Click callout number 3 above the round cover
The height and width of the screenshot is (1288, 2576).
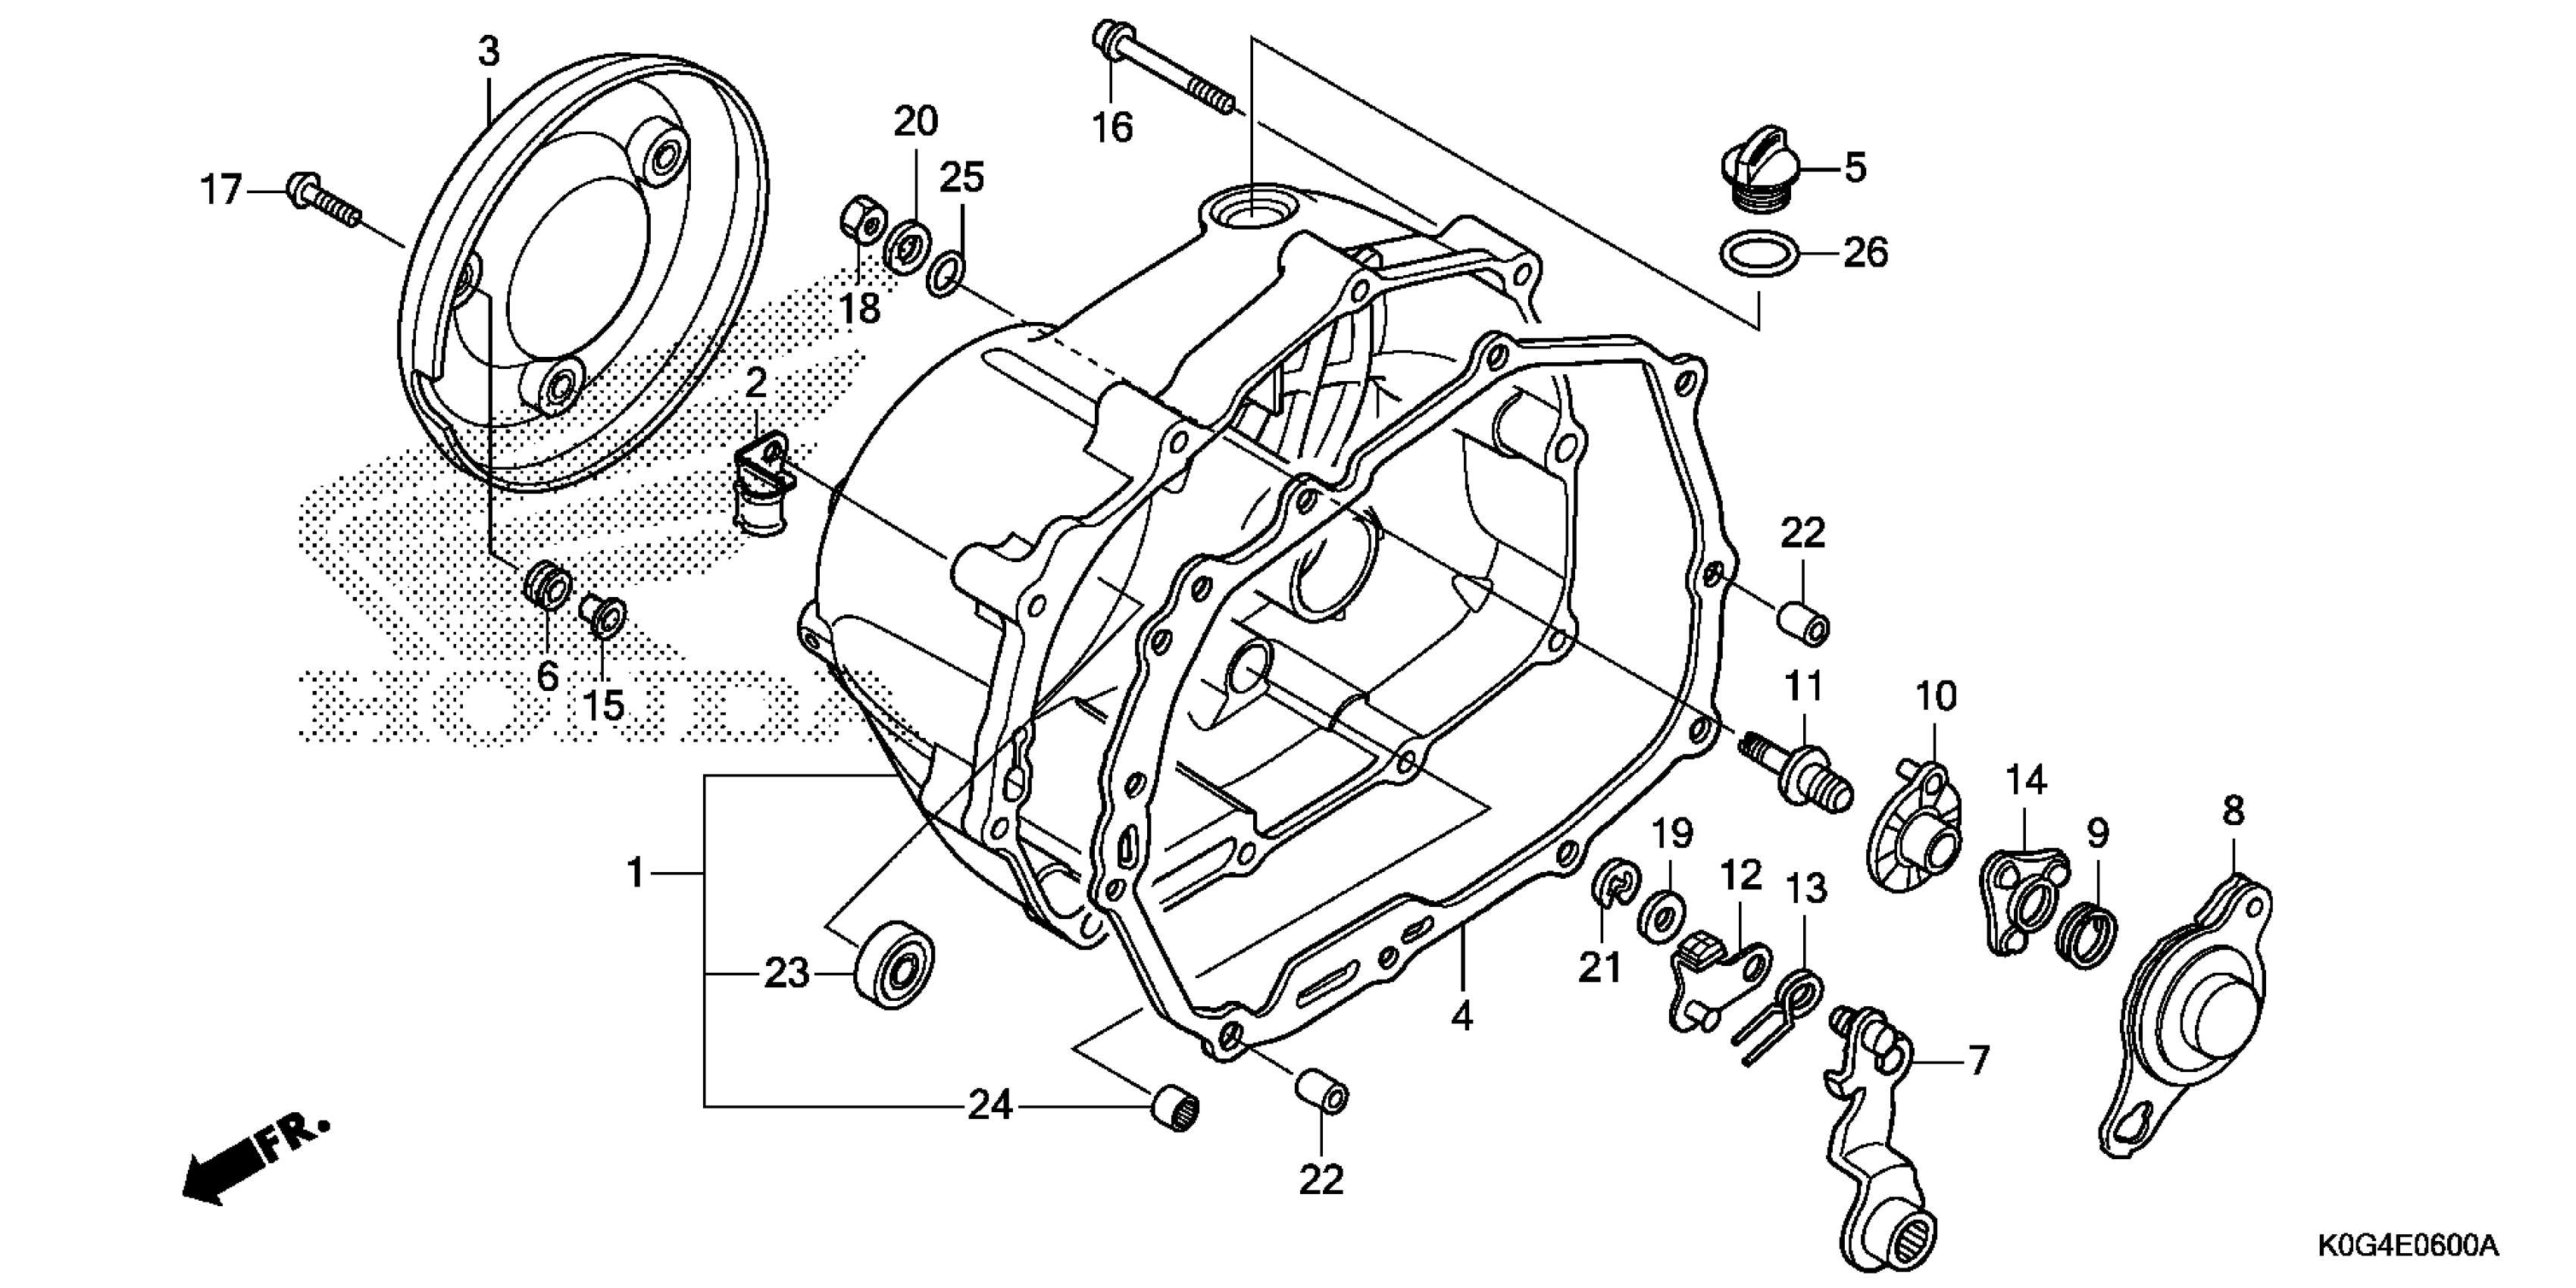coord(488,52)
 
